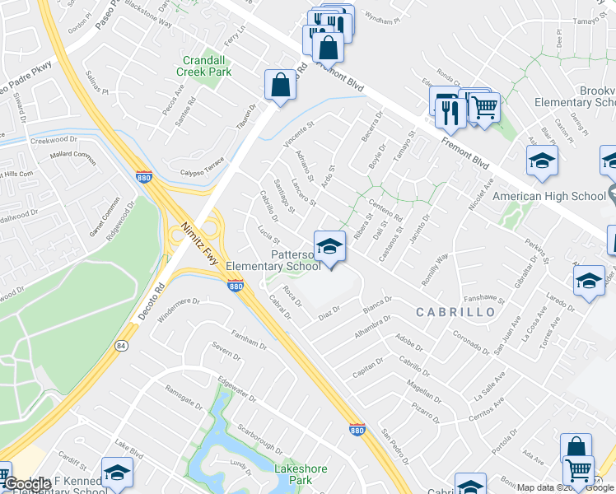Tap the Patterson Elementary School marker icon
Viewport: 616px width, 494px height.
(329, 247)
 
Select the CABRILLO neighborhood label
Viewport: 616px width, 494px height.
(455, 312)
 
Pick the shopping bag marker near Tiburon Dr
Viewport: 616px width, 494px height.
(280, 85)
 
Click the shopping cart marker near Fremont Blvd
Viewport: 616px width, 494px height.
(484, 106)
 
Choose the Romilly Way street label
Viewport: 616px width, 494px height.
(438, 268)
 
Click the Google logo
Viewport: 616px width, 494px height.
(27, 484)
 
